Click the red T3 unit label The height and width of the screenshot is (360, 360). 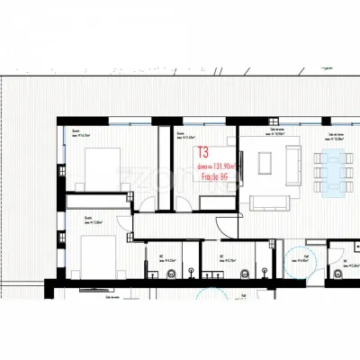(x=202, y=152)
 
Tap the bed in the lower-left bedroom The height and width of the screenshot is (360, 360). (x=95, y=249)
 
